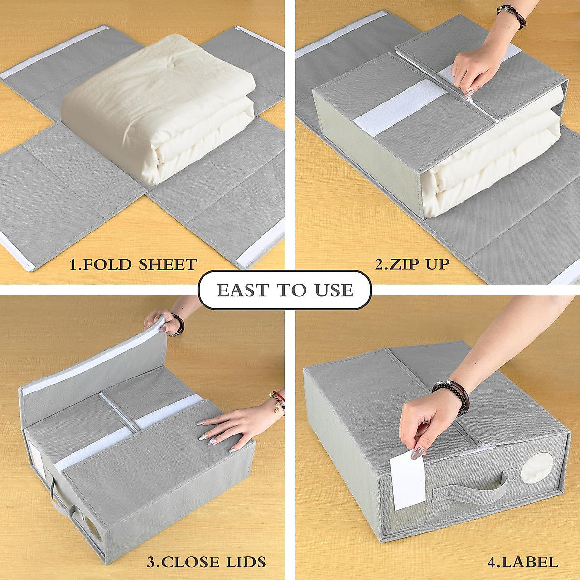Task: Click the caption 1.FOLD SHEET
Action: [x=133, y=264]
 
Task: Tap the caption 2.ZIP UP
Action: [x=412, y=263]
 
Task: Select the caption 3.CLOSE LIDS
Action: [x=206, y=562]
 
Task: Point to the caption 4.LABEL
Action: [x=523, y=562]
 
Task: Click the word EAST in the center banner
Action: [x=242, y=290]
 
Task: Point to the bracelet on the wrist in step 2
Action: [x=513, y=15]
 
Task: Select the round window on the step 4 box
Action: [x=537, y=468]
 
